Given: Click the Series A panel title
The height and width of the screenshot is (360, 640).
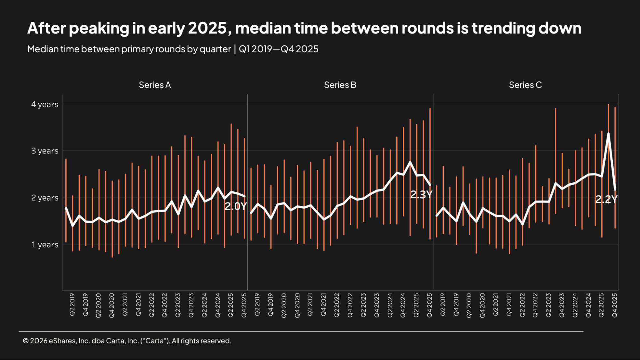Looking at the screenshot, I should [155, 85].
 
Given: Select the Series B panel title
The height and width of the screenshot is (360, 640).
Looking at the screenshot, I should [340, 85].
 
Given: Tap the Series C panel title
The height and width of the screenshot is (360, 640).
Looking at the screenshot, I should [525, 85].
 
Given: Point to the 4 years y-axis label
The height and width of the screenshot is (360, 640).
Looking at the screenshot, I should [45, 104].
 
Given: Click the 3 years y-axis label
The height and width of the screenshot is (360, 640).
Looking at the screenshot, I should [45, 151].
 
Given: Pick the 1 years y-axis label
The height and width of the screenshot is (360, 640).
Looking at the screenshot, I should [45, 244].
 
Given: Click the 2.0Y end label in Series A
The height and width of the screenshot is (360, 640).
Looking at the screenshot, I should [236, 206].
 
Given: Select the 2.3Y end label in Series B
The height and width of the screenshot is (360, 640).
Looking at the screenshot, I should [421, 195].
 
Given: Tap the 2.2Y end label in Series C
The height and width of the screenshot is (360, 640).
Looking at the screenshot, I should [606, 199].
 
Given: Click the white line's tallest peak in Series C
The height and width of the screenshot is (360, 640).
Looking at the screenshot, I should [608, 133].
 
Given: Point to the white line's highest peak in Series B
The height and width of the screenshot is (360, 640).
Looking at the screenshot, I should [410, 162].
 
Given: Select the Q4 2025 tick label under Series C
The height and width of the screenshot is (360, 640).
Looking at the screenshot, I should [615, 305].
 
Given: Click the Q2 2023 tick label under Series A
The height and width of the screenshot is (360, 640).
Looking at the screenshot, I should [178, 305].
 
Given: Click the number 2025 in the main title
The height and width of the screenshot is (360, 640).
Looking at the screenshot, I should [207, 28].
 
